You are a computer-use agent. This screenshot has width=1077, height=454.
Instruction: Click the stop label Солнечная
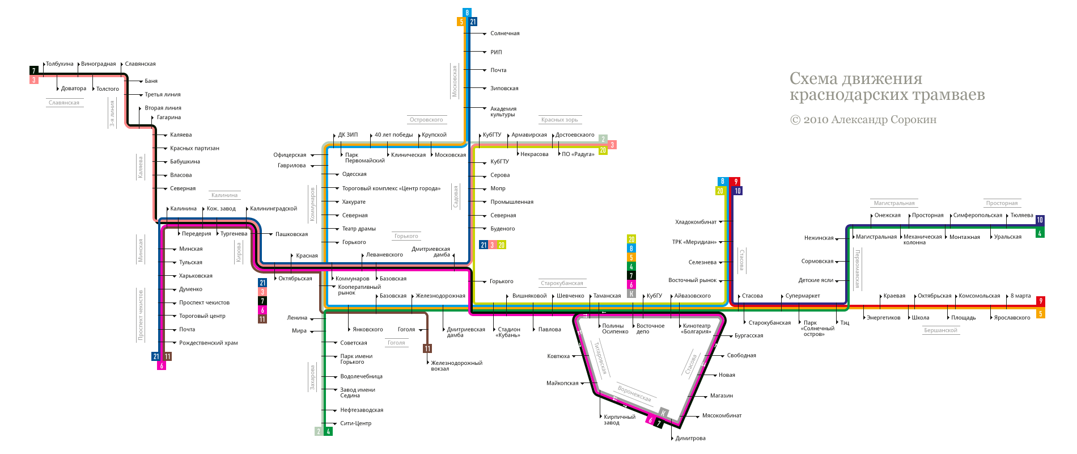coord(504,33)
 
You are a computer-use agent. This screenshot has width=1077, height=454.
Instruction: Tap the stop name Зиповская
coord(504,89)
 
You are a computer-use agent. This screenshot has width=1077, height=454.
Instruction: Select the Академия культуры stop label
coord(503,111)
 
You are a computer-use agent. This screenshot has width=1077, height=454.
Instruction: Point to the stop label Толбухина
coord(60,64)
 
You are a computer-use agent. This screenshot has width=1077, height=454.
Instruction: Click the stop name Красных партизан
coord(194,148)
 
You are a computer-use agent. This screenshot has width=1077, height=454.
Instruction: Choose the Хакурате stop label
coord(354,202)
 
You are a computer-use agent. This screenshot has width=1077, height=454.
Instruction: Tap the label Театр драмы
coord(359,229)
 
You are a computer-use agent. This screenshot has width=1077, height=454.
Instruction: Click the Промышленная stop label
coord(511,202)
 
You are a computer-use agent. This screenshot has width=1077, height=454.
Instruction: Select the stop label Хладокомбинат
coord(696,222)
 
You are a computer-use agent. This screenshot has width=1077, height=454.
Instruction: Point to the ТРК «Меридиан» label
coord(694,242)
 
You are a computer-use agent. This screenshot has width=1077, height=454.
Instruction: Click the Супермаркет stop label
coord(802,296)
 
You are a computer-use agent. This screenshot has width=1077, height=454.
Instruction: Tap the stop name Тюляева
coord(1021,215)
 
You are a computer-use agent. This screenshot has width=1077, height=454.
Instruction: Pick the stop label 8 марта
coord(1020,296)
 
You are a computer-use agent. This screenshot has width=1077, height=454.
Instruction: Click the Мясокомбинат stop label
coord(722,415)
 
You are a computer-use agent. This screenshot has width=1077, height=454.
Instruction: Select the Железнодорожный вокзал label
coord(456,365)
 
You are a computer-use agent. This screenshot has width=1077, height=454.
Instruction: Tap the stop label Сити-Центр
coord(355,423)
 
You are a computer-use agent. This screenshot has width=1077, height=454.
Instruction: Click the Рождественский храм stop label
coord(208,343)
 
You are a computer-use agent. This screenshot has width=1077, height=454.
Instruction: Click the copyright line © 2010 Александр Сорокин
coord(863,120)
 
